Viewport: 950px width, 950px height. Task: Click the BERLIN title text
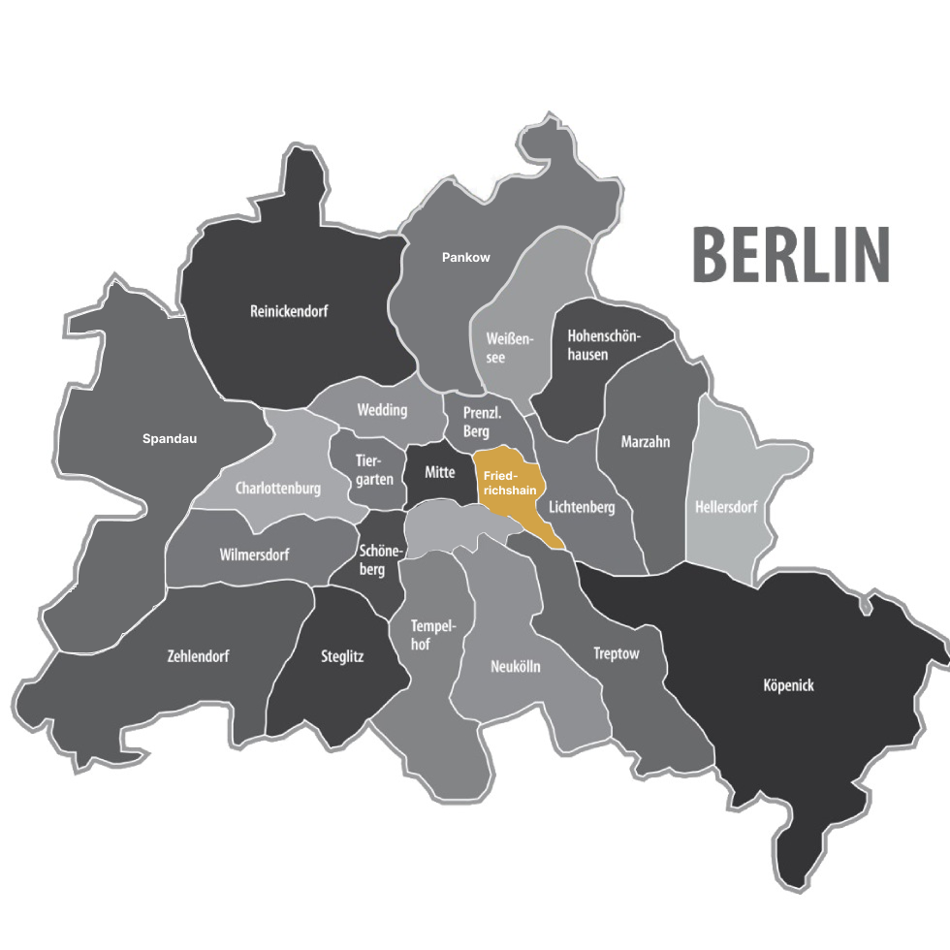point(790,255)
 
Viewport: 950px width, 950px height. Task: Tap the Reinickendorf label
point(289,312)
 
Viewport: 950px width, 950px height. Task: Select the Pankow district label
point(465,258)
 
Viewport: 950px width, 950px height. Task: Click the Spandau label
point(170,439)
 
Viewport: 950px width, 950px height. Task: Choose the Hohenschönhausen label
point(603,345)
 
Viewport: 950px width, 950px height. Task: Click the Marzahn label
point(646,442)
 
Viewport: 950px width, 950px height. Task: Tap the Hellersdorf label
point(726,507)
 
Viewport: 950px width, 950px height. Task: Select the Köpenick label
point(789,686)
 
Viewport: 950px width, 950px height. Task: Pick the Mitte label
point(439,472)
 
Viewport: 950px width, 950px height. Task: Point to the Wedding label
point(382,410)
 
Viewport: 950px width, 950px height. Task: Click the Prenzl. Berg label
point(482,422)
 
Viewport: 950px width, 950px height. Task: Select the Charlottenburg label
point(277,489)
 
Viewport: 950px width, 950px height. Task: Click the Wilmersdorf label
point(254,555)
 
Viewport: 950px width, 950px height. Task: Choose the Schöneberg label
point(378,560)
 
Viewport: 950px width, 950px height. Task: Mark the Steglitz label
point(342,656)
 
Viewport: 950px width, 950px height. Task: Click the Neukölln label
point(516,667)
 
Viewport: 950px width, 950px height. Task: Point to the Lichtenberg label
point(582,507)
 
